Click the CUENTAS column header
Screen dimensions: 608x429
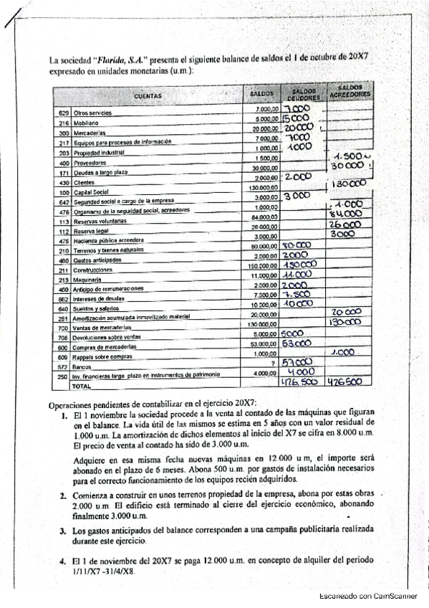click(148, 95)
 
